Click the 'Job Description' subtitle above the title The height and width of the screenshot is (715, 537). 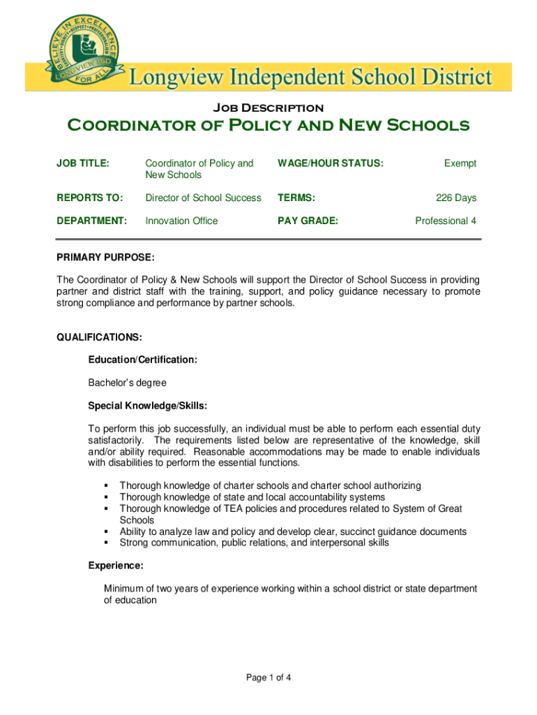click(268, 108)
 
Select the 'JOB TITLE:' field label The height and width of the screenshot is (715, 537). click(82, 163)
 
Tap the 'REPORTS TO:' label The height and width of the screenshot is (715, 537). click(89, 198)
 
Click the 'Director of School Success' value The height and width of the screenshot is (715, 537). click(203, 198)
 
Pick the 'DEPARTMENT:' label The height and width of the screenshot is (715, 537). click(91, 221)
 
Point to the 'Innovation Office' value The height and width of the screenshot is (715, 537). click(181, 221)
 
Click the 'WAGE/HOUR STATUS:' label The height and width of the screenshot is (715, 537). click(331, 163)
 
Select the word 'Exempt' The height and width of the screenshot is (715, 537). click(460, 163)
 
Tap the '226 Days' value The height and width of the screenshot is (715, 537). click(456, 198)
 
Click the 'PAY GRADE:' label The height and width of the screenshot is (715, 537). click(308, 221)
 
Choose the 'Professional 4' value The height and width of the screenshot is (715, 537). click(446, 221)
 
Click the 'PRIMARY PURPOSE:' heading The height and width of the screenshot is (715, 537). click(105, 258)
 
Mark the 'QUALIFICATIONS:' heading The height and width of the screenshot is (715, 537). click(99, 337)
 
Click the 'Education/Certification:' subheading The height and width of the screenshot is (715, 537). click(142, 360)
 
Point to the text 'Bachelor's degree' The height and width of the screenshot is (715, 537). click(127, 383)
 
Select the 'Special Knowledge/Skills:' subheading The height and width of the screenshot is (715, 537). click(147, 406)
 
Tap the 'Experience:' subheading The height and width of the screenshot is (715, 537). click(116, 566)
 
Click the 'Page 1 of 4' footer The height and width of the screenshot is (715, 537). click(268, 677)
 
